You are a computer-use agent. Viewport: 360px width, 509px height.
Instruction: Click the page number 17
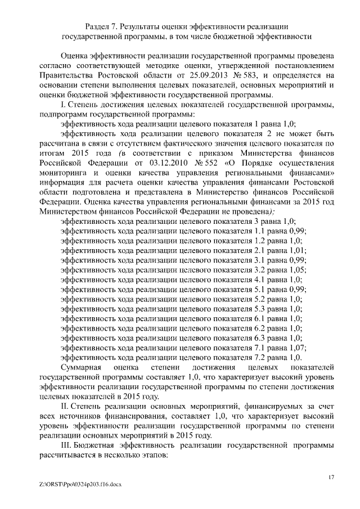(332, 477)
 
